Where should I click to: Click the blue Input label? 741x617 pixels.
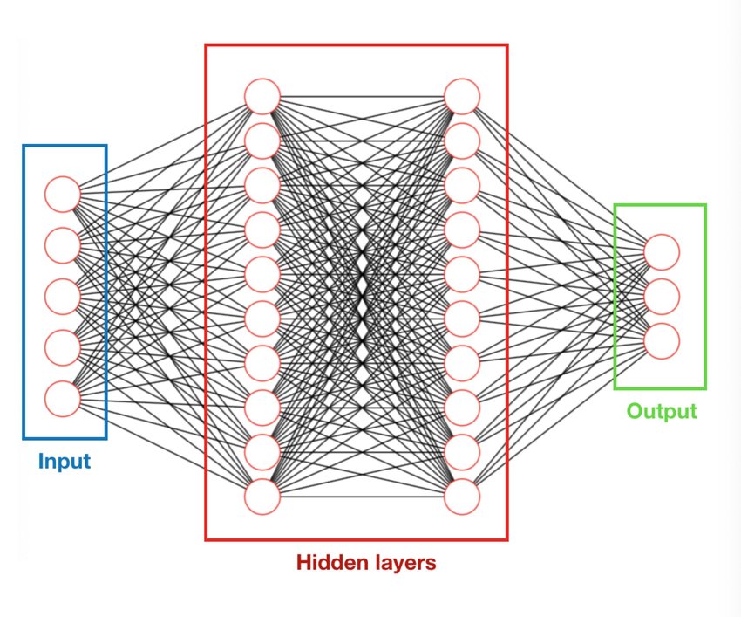pos(64,461)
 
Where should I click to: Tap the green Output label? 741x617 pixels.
pos(662,411)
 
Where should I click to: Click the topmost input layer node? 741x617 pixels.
pos(63,194)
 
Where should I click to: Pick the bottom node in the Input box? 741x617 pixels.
pos(63,398)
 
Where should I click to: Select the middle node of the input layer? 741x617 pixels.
pos(63,296)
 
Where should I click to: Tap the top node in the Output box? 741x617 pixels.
pos(662,252)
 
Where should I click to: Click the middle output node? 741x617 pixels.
pos(662,296)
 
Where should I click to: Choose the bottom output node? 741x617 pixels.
pos(662,340)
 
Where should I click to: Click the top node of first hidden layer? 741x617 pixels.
pos(262,96)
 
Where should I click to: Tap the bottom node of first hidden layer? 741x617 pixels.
pos(262,497)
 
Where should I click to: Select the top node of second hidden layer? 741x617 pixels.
pos(462,96)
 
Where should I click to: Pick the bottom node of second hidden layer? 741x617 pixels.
pos(462,497)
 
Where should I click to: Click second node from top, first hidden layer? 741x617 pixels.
pos(262,141)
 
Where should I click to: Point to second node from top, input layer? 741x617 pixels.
pos(63,245)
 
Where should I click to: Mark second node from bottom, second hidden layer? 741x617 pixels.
pos(462,452)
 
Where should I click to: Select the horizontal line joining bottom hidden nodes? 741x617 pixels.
pos(362,497)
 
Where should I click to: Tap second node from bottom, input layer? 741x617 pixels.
pos(63,347)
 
